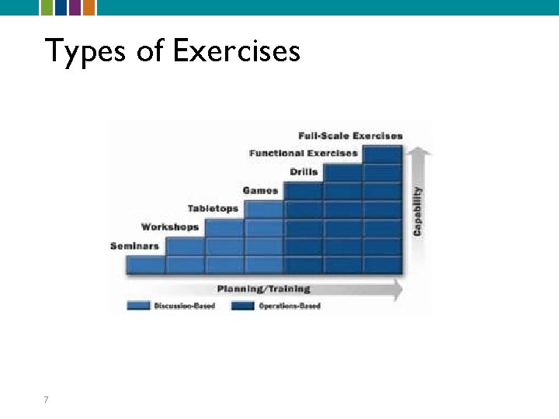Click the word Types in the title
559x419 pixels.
tap(78, 51)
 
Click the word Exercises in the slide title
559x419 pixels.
tap(237, 51)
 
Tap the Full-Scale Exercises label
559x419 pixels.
tap(351, 136)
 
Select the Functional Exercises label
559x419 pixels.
tap(304, 153)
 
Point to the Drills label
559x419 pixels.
tap(304, 171)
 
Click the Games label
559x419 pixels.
tap(261, 190)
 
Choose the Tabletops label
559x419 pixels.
tap(213, 208)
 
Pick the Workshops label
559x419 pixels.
tap(170, 227)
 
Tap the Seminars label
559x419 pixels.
tap(135, 246)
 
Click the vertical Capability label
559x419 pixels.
tap(418, 209)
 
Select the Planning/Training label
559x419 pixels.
tap(264, 289)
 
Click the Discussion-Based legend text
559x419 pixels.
tap(184, 306)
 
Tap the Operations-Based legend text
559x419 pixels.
tap(290, 306)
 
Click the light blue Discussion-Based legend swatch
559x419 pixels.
tap(138, 306)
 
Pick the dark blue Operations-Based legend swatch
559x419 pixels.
tap(243, 306)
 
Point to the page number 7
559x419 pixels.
tap(47, 400)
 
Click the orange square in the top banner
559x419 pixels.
tap(89, 7)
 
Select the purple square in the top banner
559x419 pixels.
tap(75, 7)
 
